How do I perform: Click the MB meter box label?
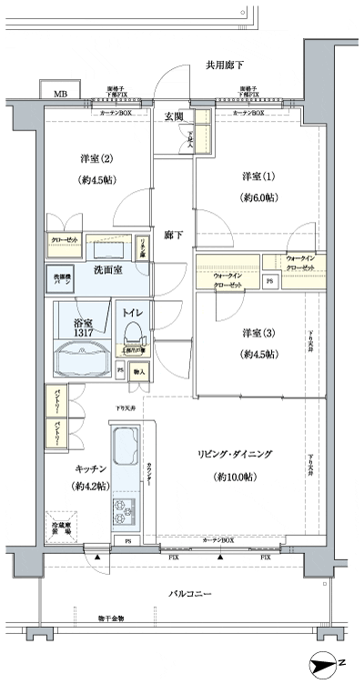click(60, 94)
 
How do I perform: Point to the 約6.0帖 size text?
click(257, 196)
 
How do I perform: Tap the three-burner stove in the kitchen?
click(123, 509)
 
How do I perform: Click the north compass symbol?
click(325, 666)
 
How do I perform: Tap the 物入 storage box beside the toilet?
click(139, 371)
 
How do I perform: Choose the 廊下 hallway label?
click(173, 236)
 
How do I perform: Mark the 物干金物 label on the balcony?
click(111, 619)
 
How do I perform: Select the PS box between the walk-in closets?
click(270, 282)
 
